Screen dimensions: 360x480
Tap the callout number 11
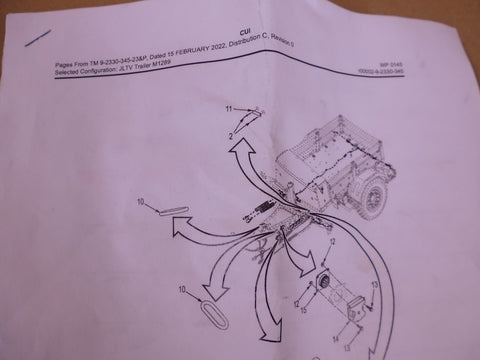coord(227,108)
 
